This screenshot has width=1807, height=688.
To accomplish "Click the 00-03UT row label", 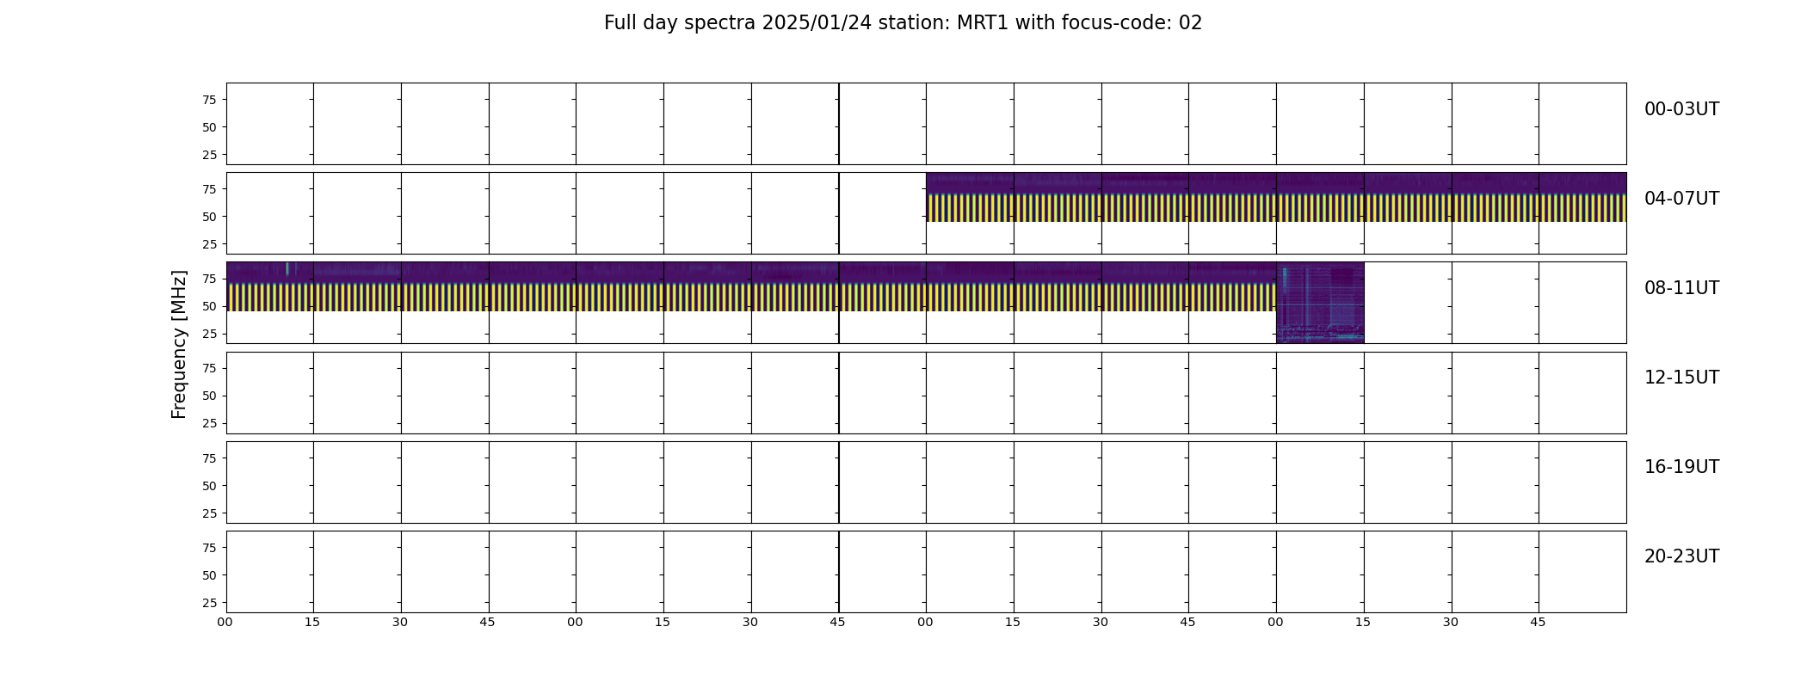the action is [x=1681, y=109].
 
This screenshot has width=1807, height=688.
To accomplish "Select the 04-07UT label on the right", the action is [x=1681, y=199].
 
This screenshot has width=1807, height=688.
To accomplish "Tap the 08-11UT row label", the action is [x=1681, y=288].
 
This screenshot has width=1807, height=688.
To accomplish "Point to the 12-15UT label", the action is [x=1681, y=378].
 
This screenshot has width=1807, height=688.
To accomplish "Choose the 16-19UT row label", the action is [x=1681, y=467].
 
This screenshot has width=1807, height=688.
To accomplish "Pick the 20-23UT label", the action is [x=1681, y=556].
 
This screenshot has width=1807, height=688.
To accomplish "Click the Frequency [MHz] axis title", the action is [x=179, y=345].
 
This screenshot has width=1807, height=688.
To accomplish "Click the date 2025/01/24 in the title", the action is [x=816, y=23].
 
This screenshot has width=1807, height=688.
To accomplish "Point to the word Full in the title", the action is [x=620, y=23].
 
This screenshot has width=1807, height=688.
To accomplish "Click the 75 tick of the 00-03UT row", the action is [x=209, y=100].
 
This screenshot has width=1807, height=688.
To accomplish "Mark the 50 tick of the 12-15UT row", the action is [x=209, y=396].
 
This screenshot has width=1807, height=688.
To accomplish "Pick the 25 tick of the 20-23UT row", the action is [x=209, y=603].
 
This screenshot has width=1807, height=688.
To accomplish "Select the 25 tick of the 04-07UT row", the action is [x=209, y=244].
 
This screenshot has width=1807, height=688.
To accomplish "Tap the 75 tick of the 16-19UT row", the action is [x=209, y=458].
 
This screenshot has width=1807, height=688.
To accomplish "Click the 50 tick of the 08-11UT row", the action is [x=209, y=306].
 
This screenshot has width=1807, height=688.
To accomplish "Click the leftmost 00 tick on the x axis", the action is [x=225, y=622].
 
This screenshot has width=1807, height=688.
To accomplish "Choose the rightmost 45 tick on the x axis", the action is [x=1539, y=622].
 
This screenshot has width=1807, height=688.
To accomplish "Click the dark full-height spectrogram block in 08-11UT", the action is [x=1320, y=303].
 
